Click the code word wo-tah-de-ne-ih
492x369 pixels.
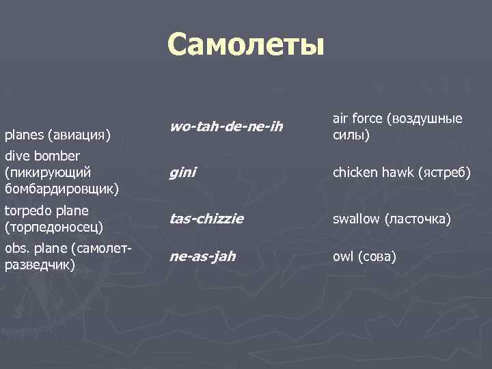click(x=225, y=126)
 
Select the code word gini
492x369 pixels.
click(x=182, y=172)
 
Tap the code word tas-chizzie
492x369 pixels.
click(x=206, y=219)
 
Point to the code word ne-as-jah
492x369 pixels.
click(x=202, y=257)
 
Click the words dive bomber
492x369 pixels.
click(x=42, y=156)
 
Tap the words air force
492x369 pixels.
click(x=357, y=118)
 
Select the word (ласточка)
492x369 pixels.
click(x=418, y=219)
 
